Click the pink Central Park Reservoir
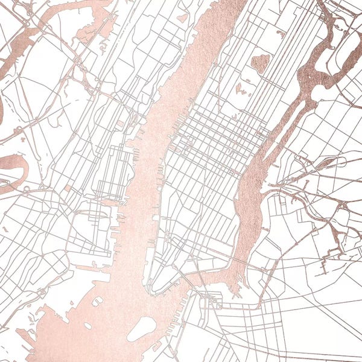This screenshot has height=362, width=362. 260,62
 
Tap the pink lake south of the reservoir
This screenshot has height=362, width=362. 241,89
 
